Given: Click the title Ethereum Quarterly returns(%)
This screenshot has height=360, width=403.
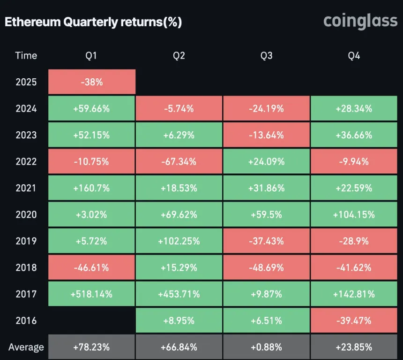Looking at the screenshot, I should [x=93, y=22].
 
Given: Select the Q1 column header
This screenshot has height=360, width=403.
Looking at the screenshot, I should [x=91, y=56].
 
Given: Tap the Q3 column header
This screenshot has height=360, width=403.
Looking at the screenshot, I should [x=266, y=56].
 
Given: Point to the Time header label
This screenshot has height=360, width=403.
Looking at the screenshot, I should [x=26, y=55].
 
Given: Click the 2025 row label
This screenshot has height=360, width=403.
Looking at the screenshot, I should [x=26, y=82].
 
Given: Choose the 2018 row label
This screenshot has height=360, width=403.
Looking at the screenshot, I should [x=26, y=268].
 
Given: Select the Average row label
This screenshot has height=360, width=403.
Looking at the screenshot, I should [x=26, y=347].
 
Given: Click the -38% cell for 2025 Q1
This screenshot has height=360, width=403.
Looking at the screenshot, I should [x=91, y=82].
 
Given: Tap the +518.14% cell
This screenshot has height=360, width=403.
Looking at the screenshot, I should [x=91, y=294].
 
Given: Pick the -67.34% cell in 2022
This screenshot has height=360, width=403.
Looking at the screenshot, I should [x=179, y=162].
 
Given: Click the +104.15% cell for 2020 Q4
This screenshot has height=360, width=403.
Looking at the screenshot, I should [x=354, y=215].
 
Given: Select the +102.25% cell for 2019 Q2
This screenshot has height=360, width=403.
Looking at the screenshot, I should [x=179, y=241].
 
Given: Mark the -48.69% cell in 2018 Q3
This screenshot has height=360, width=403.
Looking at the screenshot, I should [x=266, y=268].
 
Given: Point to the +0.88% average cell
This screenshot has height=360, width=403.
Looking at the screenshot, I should [x=266, y=347].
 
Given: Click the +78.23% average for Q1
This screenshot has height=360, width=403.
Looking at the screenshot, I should [x=91, y=347].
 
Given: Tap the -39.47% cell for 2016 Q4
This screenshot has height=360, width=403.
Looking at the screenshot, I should [x=354, y=321].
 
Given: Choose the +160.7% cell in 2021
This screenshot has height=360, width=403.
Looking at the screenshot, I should [x=91, y=188].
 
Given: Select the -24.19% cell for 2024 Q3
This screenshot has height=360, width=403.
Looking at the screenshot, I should [x=266, y=109].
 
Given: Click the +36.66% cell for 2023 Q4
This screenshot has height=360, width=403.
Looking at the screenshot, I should [x=354, y=135].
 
